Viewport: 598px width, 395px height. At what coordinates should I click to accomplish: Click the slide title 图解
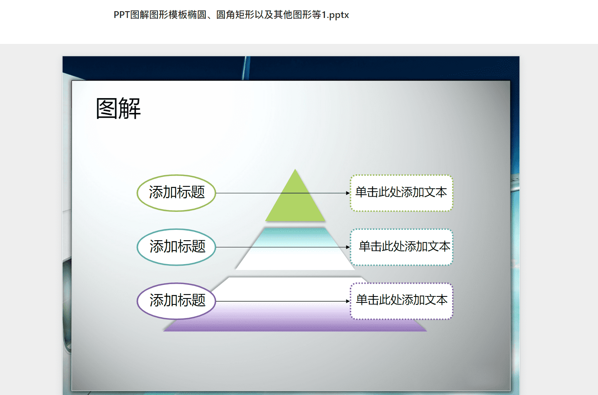118,108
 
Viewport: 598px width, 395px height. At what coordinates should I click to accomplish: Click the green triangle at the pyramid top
295,200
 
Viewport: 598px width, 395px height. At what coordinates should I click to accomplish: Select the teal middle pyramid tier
295,249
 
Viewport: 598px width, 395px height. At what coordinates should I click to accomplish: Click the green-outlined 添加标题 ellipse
176,193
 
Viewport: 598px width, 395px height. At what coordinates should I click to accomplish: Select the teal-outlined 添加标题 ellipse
176,247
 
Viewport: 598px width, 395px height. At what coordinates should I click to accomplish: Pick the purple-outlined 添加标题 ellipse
176,301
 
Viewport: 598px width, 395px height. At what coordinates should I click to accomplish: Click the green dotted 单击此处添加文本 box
401,193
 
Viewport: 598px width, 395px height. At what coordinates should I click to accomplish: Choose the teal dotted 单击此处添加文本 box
401,247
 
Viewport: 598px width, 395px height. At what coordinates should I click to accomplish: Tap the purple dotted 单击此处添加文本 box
401,301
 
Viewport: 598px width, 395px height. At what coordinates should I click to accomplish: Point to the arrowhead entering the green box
348,193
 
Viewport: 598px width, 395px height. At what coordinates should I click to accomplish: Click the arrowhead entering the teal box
348,247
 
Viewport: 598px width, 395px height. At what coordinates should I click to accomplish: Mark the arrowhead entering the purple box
348,301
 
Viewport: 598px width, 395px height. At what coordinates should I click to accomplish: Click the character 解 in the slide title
130,108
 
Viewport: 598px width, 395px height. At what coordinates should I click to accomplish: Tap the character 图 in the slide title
107,108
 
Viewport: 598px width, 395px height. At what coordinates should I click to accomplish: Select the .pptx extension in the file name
338,15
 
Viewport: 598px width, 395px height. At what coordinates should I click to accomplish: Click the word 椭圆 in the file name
197,15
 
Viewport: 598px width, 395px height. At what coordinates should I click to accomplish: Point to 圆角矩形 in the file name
235,15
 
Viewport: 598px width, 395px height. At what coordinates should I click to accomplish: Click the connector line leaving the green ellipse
283,193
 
